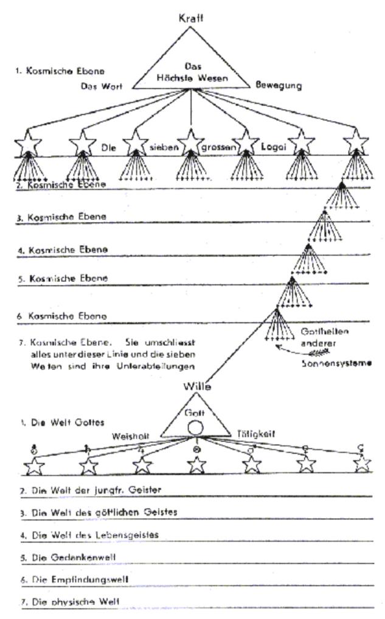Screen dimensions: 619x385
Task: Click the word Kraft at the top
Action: (191, 18)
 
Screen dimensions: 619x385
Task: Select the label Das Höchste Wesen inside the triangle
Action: (191, 72)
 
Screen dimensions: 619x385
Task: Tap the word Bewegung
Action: (279, 86)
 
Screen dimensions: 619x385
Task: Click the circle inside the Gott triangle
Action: (194, 428)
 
